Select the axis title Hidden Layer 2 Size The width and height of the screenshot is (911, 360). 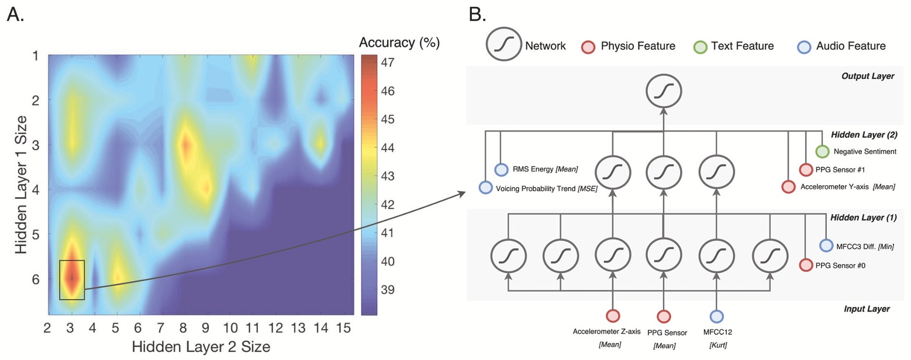pyautogui.click(x=201, y=346)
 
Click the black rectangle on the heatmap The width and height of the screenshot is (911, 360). pyautogui.click(x=72, y=280)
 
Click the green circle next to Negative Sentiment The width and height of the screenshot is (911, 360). pyautogui.click(x=823, y=151)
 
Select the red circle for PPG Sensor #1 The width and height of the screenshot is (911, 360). pyautogui.click(x=806, y=169)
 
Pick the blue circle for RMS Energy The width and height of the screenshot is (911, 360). pyautogui.click(x=501, y=169)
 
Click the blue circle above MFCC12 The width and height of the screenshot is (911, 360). pyautogui.click(x=716, y=316)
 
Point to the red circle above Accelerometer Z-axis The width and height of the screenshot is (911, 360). pyautogui.click(x=612, y=316)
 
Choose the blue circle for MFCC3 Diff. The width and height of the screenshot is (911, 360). pyautogui.click(x=826, y=246)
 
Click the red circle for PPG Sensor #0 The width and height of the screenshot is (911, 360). pyautogui.click(x=806, y=265)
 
